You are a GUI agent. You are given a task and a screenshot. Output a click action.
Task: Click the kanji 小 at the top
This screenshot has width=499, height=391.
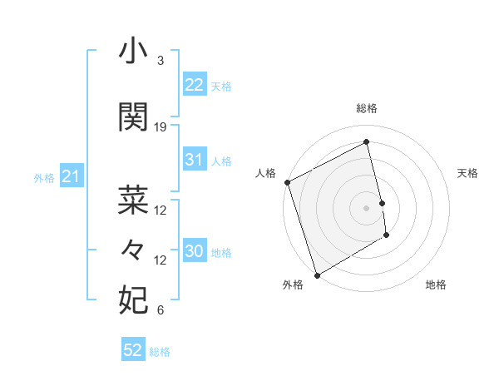(133, 52)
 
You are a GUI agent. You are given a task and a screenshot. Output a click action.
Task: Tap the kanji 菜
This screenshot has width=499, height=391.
(133, 200)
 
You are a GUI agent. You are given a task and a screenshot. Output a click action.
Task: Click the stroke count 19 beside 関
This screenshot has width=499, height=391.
(161, 127)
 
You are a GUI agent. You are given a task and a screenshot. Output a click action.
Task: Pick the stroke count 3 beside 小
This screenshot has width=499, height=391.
(161, 61)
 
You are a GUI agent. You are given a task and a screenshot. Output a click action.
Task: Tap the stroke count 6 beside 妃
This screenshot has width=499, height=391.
(161, 311)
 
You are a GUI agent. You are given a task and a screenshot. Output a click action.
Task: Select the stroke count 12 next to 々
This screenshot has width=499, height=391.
(161, 260)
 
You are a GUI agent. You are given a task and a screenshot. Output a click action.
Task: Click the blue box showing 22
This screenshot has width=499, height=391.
(195, 84)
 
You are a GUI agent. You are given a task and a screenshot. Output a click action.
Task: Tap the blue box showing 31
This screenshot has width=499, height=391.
(195, 160)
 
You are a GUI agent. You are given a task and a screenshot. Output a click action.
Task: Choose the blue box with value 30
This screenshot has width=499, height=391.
(195, 251)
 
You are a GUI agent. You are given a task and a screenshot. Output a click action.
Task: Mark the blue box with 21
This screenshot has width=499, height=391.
(71, 176)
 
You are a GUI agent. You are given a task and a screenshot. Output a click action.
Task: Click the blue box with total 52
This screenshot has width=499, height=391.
(133, 350)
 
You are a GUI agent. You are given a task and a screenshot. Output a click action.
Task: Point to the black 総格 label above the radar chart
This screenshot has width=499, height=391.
(367, 108)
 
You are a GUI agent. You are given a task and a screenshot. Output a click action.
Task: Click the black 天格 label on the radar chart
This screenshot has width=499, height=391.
(468, 173)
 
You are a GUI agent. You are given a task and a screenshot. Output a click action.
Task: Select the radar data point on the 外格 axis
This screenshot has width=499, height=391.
(316, 275)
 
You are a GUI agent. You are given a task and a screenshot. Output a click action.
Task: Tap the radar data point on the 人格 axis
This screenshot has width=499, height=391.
(287, 182)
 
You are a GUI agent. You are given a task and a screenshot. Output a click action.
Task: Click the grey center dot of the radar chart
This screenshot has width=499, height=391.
(367, 208)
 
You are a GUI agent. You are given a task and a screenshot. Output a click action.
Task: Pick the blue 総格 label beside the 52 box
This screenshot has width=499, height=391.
(160, 352)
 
